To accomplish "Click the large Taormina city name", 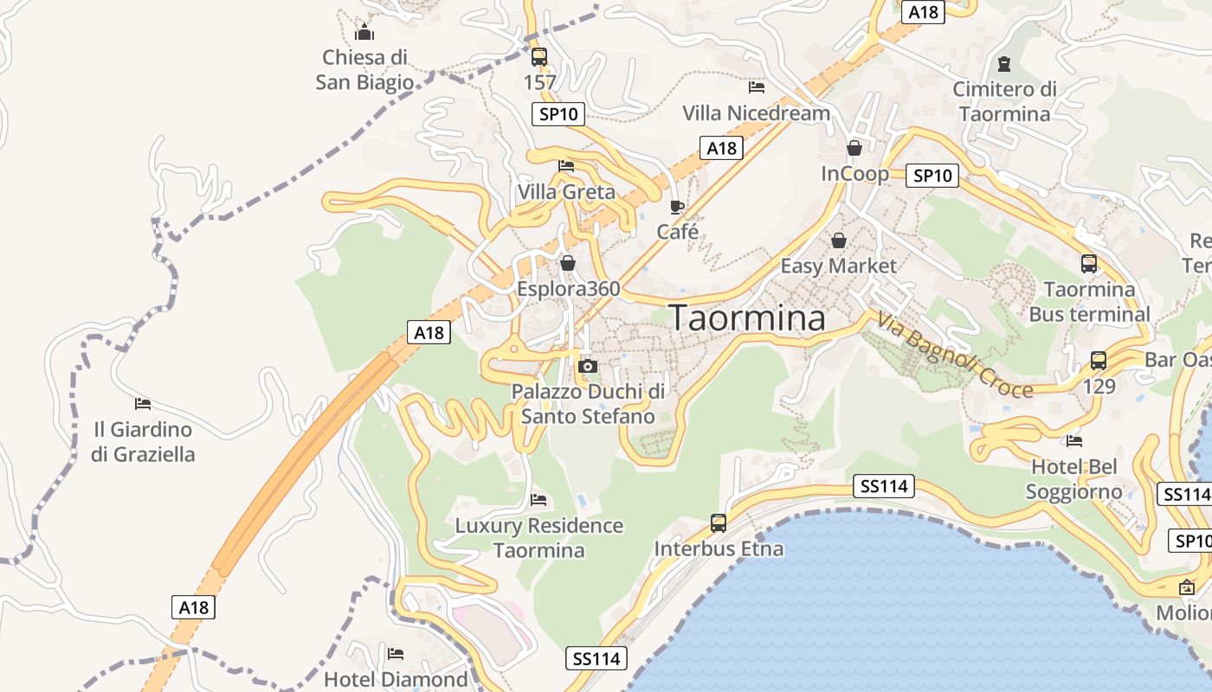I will pos(748,318).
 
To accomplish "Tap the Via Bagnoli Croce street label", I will pos(955,356).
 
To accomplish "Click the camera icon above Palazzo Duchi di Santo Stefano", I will pos(588,366).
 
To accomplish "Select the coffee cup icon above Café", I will pos(677,207).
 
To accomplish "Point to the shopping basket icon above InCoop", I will pos(854,148).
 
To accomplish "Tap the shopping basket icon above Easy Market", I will pos(838,240).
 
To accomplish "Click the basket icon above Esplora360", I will pos(568,262).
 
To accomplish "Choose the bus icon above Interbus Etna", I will pos(719,522).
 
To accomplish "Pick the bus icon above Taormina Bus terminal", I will pos(1089,263).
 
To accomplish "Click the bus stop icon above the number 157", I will pos(539,57).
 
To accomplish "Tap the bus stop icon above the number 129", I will pos(1099,360).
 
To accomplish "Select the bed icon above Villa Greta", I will pos(566,165).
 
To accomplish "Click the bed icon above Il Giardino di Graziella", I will pos(143,403).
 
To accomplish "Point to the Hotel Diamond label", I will pos(396,679).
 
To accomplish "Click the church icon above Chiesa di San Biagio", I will pos(364,33).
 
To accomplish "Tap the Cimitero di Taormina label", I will pos(1004,101).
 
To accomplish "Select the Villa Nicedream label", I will pos(756,113).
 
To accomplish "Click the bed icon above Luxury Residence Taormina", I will pos(538,499).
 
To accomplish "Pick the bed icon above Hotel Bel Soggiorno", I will pos(1074,440).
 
